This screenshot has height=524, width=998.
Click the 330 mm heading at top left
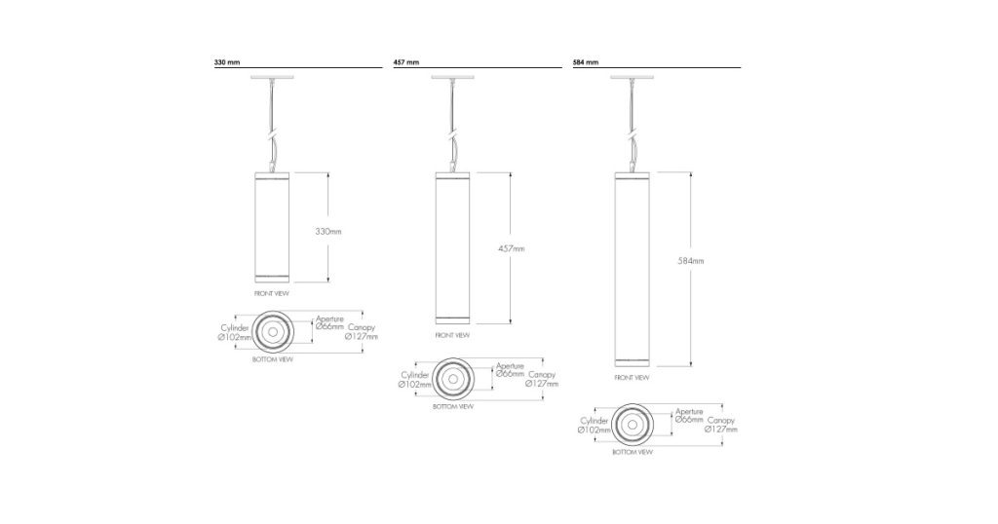coord(226,62)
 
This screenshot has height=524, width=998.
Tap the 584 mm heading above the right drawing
coord(586,62)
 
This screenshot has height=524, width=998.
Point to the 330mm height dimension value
coord(328,232)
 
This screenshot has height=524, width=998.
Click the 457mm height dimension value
coord(511,248)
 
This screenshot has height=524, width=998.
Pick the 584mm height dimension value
coord(690,261)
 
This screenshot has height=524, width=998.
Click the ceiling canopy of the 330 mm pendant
coord(271,78)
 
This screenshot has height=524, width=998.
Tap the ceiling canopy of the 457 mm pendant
coord(451,78)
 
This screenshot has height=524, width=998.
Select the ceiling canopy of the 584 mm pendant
coord(631,78)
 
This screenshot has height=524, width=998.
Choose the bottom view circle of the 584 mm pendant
coord(632,425)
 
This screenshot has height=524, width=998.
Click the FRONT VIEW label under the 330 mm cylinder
coord(271,292)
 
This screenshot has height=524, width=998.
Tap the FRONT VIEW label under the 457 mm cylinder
coord(451,335)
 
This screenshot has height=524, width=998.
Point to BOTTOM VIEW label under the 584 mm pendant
coord(632,453)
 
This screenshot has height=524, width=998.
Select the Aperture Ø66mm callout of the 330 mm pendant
coord(329,323)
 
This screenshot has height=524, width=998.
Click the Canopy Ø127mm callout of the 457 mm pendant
coord(542,379)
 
